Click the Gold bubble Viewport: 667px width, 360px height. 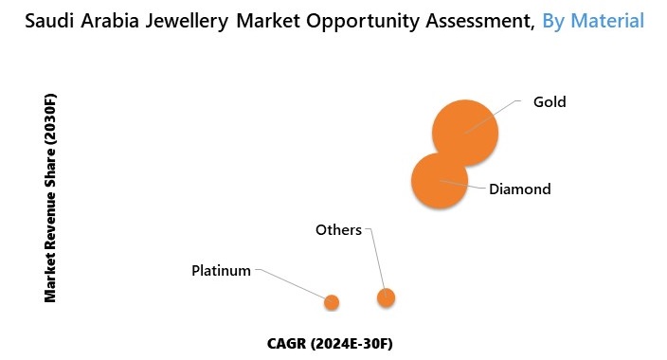pyautogui.click(x=464, y=133)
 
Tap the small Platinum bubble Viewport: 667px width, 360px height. pyautogui.click(x=331, y=302)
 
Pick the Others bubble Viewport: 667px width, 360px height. pyautogui.click(x=386, y=297)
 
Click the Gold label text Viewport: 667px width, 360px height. pyautogui.click(x=550, y=101)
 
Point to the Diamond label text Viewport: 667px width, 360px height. pyautogui.click(x=519, y=189)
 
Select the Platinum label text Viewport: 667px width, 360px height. pyautogui.click(x=221, y=270)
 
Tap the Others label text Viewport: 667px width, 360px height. pyautogui.click(x=338, y=229)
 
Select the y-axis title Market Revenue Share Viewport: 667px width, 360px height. pyautogui.click(x=51, y=198)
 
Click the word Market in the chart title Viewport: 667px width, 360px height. pyautogui.click(x=276, y=20)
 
